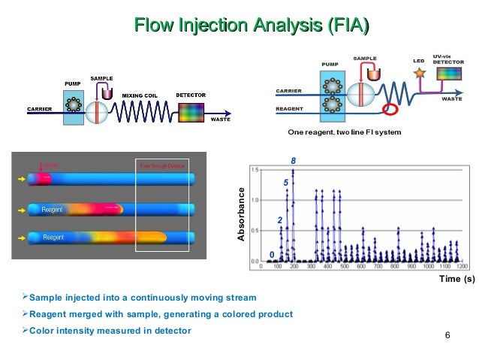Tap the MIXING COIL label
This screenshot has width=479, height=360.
(140, 95)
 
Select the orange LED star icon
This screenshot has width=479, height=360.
(420, 74)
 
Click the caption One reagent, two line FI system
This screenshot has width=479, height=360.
(345, 132)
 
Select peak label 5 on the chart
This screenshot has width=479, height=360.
(286, 183)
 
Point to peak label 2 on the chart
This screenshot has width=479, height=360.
(279, 219)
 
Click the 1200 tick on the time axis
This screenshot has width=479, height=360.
(462, 266)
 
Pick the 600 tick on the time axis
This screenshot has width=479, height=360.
(361, 266)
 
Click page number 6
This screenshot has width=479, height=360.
(447, 334)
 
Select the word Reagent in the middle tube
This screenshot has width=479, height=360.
(52, 209)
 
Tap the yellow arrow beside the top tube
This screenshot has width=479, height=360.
(20, 180)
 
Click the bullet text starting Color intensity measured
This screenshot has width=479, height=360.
(105, 331)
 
